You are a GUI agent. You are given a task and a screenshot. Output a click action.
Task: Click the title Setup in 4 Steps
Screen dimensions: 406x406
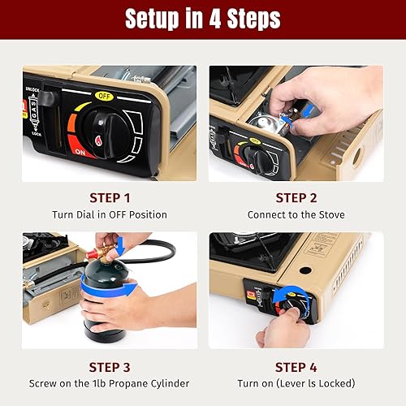click(x=202, y=19)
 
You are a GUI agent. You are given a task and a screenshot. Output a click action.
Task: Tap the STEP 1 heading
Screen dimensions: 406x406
click(x=109, y=197)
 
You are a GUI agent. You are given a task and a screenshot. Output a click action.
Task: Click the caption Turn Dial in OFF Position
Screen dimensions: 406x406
click(x=109, y=214)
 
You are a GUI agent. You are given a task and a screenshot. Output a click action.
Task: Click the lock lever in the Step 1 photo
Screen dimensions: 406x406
click(x=48, y=99)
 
